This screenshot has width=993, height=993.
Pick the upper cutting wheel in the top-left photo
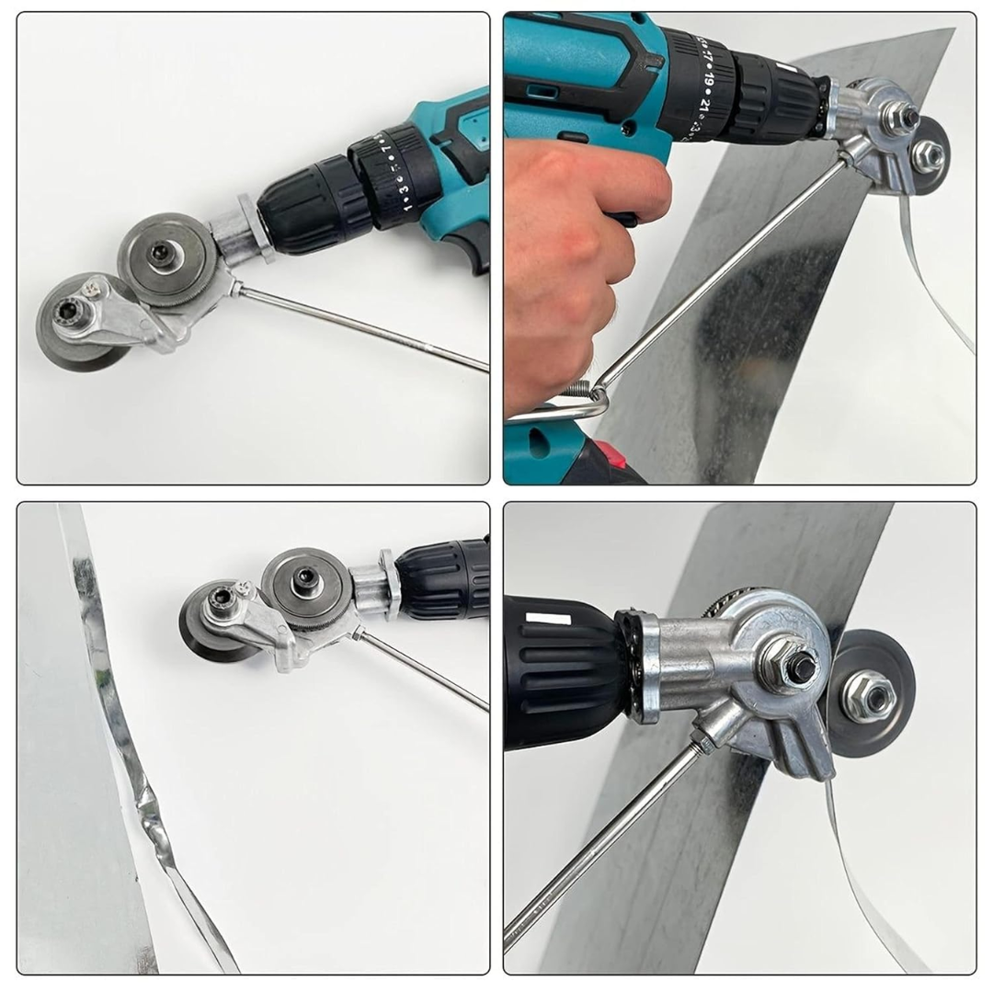tap(166, 258)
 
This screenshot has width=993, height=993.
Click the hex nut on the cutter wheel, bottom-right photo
tap(868, 693)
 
